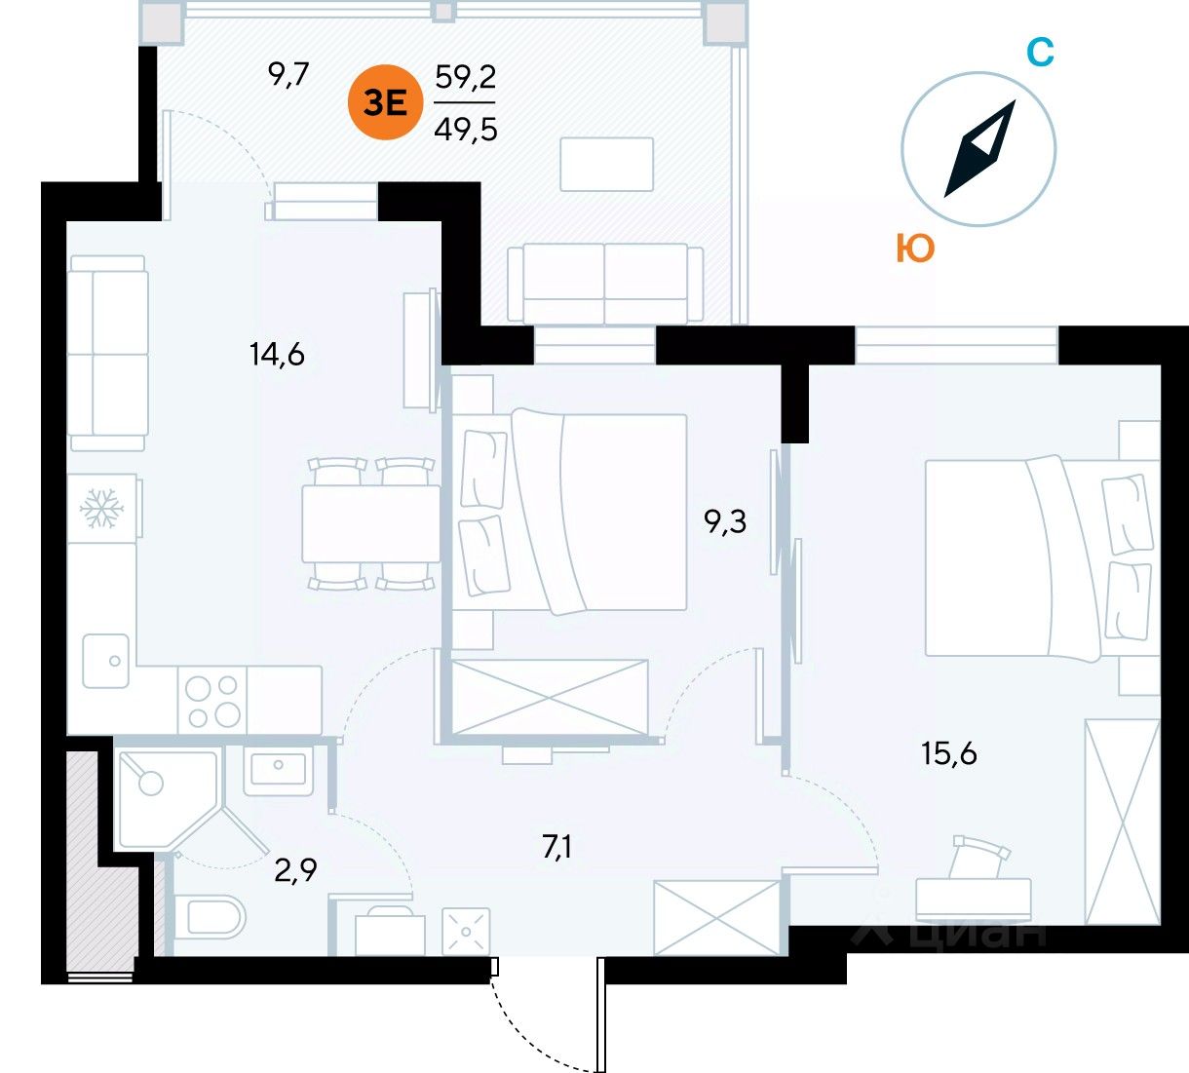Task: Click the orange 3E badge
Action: [386, 102]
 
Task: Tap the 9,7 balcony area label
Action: [288, 75]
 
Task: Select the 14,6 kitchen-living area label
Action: [277, 354]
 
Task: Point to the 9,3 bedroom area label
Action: [725, 522]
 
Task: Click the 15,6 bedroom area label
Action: [949, 752]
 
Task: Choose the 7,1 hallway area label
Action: [556, 847]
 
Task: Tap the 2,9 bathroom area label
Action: [295, 869]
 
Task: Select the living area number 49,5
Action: [466, 128]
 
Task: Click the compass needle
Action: [979, 149]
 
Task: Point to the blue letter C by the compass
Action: [1041, 52]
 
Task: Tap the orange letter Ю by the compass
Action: [915, 249]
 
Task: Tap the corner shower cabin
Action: [161, 794]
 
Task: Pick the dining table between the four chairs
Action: [370, 522]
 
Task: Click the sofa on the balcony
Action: [604, 283]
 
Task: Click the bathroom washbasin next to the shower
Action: [278, 769]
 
